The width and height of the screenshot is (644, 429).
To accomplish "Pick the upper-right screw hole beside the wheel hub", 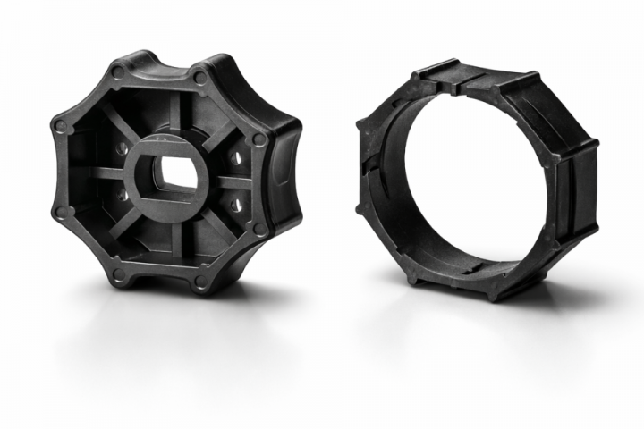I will tap(235, 157).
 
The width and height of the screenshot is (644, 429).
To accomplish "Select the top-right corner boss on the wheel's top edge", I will tap(199, 78).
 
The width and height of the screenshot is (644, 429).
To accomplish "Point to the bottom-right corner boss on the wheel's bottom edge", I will tap(200, 285).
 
